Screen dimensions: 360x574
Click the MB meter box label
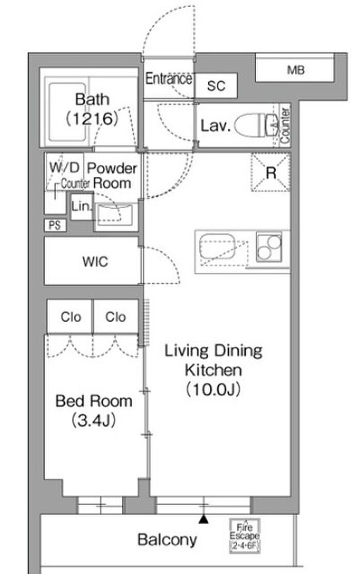(x=296, y=70)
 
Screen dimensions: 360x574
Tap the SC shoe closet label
(x=216, y=86)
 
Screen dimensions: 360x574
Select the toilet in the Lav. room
(x=256, y=125)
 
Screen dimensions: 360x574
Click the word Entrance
(x=169, y=79)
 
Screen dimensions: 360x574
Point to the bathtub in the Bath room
(x=68, y=112)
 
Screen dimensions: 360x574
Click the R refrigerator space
(x=271, y=173)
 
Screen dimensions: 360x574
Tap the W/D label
(x=64, y=168)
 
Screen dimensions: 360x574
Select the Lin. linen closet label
(x=81, y=206)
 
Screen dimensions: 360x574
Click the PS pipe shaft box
(x=55, y=225)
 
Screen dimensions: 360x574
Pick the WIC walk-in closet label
(x=95, y=262)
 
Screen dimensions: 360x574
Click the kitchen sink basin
(x=218, y=246)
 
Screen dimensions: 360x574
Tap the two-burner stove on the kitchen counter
(x=269, y=246)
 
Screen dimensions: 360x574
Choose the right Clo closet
(x=116, y=317)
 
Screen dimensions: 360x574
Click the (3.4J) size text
(x=94, y=420)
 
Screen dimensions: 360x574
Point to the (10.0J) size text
(x=213, y=389)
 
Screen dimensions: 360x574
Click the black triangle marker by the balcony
(x=204, y=519)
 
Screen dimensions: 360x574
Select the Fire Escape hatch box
(x=244, y=535)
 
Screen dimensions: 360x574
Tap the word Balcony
(x=167, y=540)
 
